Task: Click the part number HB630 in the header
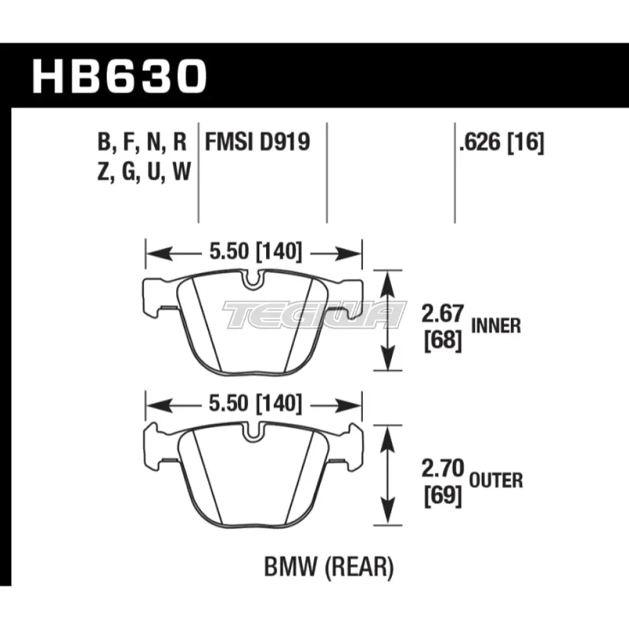[x=120, y=75]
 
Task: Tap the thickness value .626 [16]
[x=501, y=143]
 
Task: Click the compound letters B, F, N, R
[x=142, y=143]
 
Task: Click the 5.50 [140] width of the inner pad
[x=254, y=253]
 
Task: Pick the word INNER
[x=496, y=326]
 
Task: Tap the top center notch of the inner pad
[x=253, y=281]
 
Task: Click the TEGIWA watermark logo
[x=314, y=314]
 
